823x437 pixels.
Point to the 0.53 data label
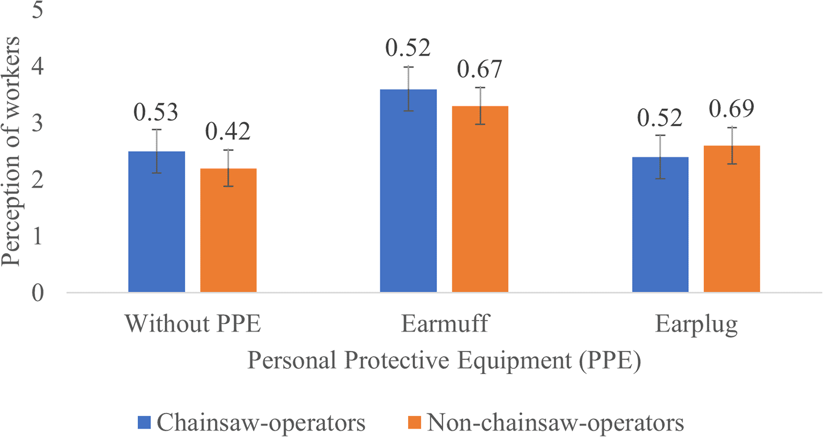[156, 112]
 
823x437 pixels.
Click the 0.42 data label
[228, 132]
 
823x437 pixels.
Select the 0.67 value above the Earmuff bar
[479, 69]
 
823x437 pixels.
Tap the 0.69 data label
[731, 109]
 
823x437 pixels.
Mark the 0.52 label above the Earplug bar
[659, 118]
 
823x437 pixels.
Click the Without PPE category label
[193, 324]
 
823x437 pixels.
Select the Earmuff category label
[445, 324]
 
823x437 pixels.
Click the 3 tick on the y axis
[37, 123]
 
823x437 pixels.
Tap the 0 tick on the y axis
[37, 293]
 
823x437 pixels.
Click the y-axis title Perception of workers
[12, 152]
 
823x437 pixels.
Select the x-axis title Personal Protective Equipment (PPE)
[444, 361]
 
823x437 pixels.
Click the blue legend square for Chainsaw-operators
[144, 422]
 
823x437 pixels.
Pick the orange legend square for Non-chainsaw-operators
[414, 422]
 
